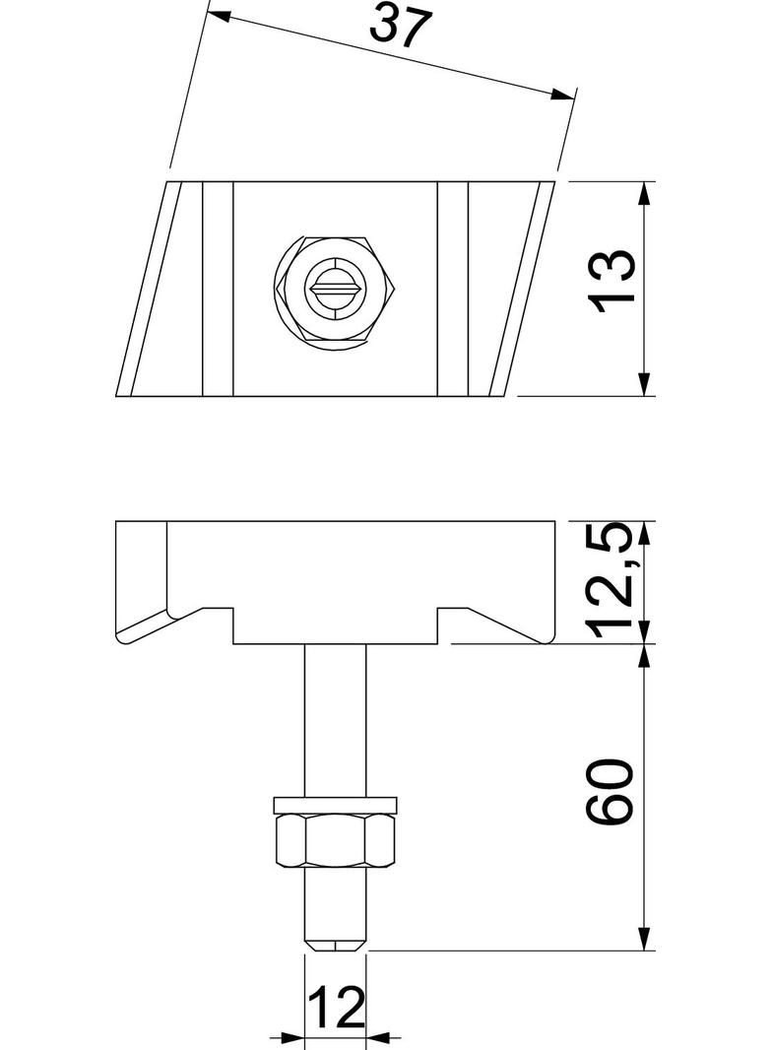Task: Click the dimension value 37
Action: point(401,27)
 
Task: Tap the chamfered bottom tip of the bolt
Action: point(336,944)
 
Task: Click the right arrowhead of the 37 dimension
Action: point(562,95)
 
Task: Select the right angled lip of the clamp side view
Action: point(512,621)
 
